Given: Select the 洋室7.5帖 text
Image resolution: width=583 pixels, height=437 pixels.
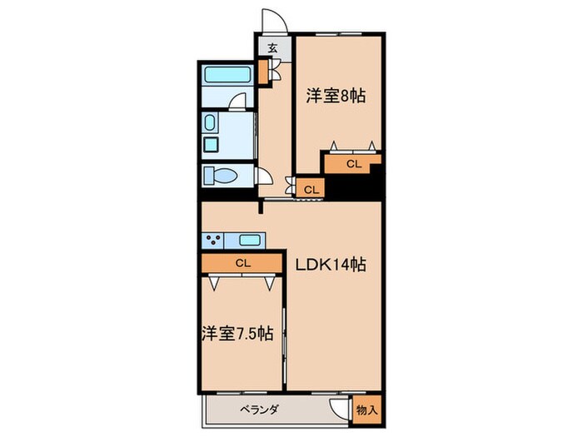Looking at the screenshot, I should pyautogui.click(x=237, y=334).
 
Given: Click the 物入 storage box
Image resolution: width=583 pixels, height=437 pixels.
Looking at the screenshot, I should pyautogui.click(x=366, y=410).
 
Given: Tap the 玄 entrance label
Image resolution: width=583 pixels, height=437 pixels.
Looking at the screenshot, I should pyautogui.click(x=272, y=47).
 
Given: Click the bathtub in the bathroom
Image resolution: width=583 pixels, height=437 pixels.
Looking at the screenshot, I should pyautogui.click(x=228, y=75).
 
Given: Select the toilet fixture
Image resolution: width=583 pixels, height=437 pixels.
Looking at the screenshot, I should pyautogui.click(x=223, y=176).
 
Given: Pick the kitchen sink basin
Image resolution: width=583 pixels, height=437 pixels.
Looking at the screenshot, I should pyautogui.click(x=251, y=241).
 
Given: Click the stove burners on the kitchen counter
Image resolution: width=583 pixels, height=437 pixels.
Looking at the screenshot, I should pyautogui.click(x=213, y=241).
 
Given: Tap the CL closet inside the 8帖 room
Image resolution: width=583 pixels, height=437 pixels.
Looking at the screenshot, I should pyautogui.click(x=353, y=164).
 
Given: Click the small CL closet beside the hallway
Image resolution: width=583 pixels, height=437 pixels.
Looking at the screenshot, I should pyautogui.click(x=311, y=190).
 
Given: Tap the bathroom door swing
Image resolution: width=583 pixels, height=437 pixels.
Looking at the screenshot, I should pyautogui.click(x=237, y=102).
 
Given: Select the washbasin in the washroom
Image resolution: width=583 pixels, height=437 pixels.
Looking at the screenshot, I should pyautogui.click(x=208, y=125).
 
